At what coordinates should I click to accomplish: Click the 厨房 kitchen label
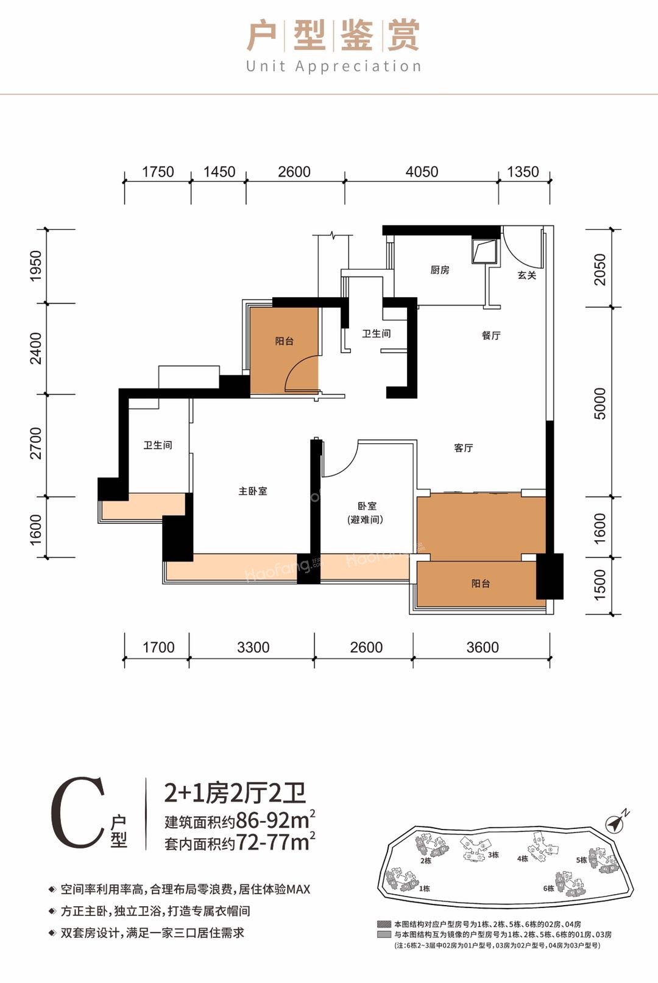click(x=439, y=270)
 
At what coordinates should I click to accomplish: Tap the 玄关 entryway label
click(x=526, y=275)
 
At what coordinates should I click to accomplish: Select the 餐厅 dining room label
click(x=490, y=336)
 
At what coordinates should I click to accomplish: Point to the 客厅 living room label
click(x=463, y=448)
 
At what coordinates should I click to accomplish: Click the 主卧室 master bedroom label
click(x=252, y=491)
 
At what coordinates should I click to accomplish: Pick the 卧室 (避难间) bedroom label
click(x=366, y=513)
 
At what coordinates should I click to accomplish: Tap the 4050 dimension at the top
click(x=422, y=172)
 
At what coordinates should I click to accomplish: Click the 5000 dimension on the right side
click(x=600, y=403)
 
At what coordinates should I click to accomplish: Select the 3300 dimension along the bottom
click(x=253, y=647)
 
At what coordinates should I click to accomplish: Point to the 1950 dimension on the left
click(x=36, y=266)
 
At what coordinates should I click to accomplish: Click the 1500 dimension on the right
click(x=600, y=585)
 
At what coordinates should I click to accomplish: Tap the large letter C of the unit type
click(x=78, y=813)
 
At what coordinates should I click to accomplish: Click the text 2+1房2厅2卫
click(x=235, y=793)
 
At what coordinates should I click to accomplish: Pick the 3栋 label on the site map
click(x=493, y=854)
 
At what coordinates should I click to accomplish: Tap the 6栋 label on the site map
click(x=548, y=888)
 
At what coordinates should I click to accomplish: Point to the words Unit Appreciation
click(x=333, y=66)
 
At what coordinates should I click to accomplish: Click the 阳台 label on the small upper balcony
click(x=284, y=341)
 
